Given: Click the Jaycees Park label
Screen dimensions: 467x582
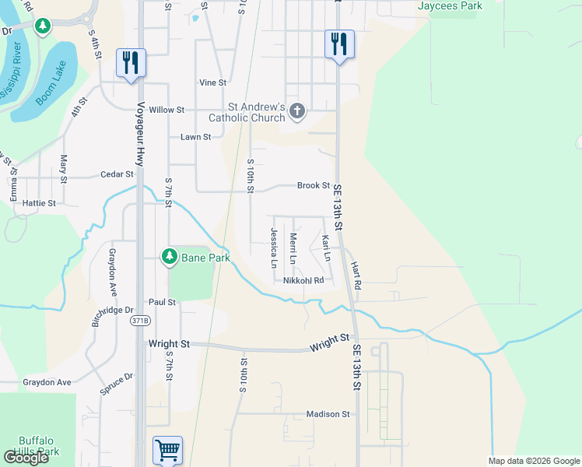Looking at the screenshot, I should [451, 6].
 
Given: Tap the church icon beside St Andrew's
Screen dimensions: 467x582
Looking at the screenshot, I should [296, 112].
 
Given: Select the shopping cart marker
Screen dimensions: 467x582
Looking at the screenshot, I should [167, 449].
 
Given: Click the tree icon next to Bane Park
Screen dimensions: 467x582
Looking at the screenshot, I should [169, 256].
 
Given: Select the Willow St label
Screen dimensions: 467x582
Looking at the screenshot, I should [167, 111].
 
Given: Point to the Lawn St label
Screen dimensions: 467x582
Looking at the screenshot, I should [196, 137].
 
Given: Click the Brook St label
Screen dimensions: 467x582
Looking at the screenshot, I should [314, 185].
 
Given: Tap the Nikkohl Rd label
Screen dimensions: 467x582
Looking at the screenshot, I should [303, 280].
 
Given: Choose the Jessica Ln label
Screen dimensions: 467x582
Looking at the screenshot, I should [274, 248].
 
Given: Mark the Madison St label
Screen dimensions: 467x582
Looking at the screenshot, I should [328, 414].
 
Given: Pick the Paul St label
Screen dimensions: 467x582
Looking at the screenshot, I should [162, 302].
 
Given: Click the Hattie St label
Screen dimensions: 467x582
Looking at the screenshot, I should [40, 203].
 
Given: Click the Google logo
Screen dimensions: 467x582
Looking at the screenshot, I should [26, 458].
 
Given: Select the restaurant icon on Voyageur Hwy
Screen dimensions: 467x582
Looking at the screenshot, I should [130, 62].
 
